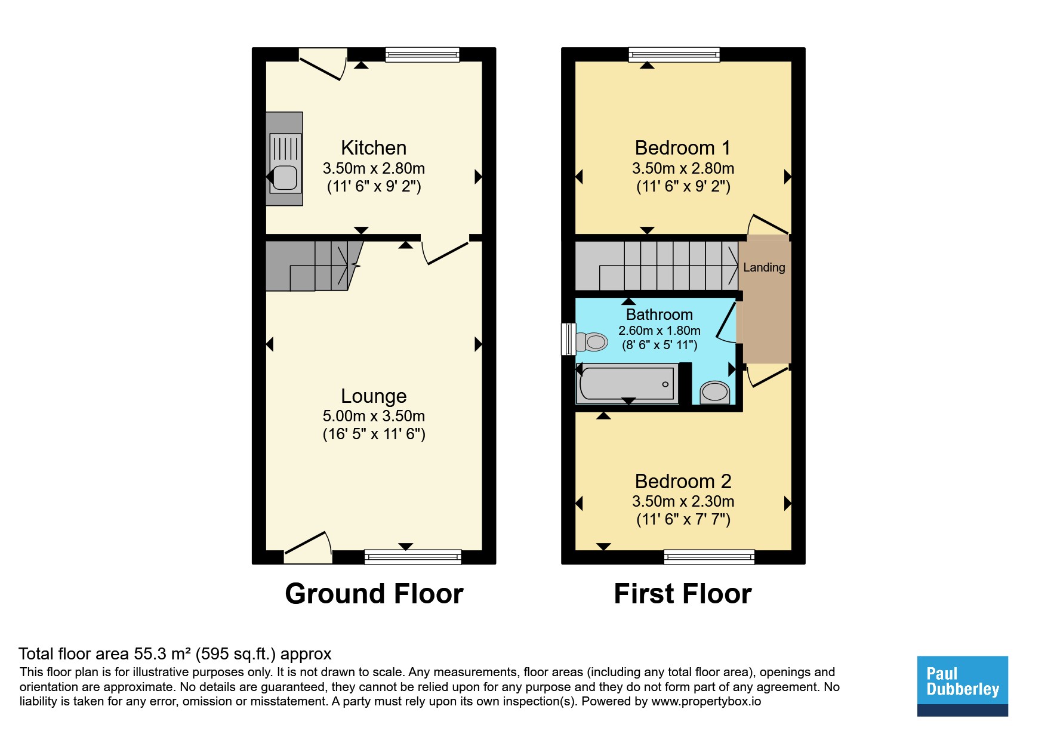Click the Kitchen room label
374,148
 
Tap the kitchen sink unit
284,159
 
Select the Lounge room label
374,396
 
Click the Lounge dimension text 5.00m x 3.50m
374,416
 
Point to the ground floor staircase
313,266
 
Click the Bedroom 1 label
683,148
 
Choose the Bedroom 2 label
683,481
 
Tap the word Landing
764,267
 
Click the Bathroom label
660,314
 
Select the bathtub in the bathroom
627,384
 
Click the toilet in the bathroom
591,342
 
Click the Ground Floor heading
374,594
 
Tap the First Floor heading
683,594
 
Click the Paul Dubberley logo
963,686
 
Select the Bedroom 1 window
674,55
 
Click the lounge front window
413,557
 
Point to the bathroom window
568,339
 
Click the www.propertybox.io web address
706,701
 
